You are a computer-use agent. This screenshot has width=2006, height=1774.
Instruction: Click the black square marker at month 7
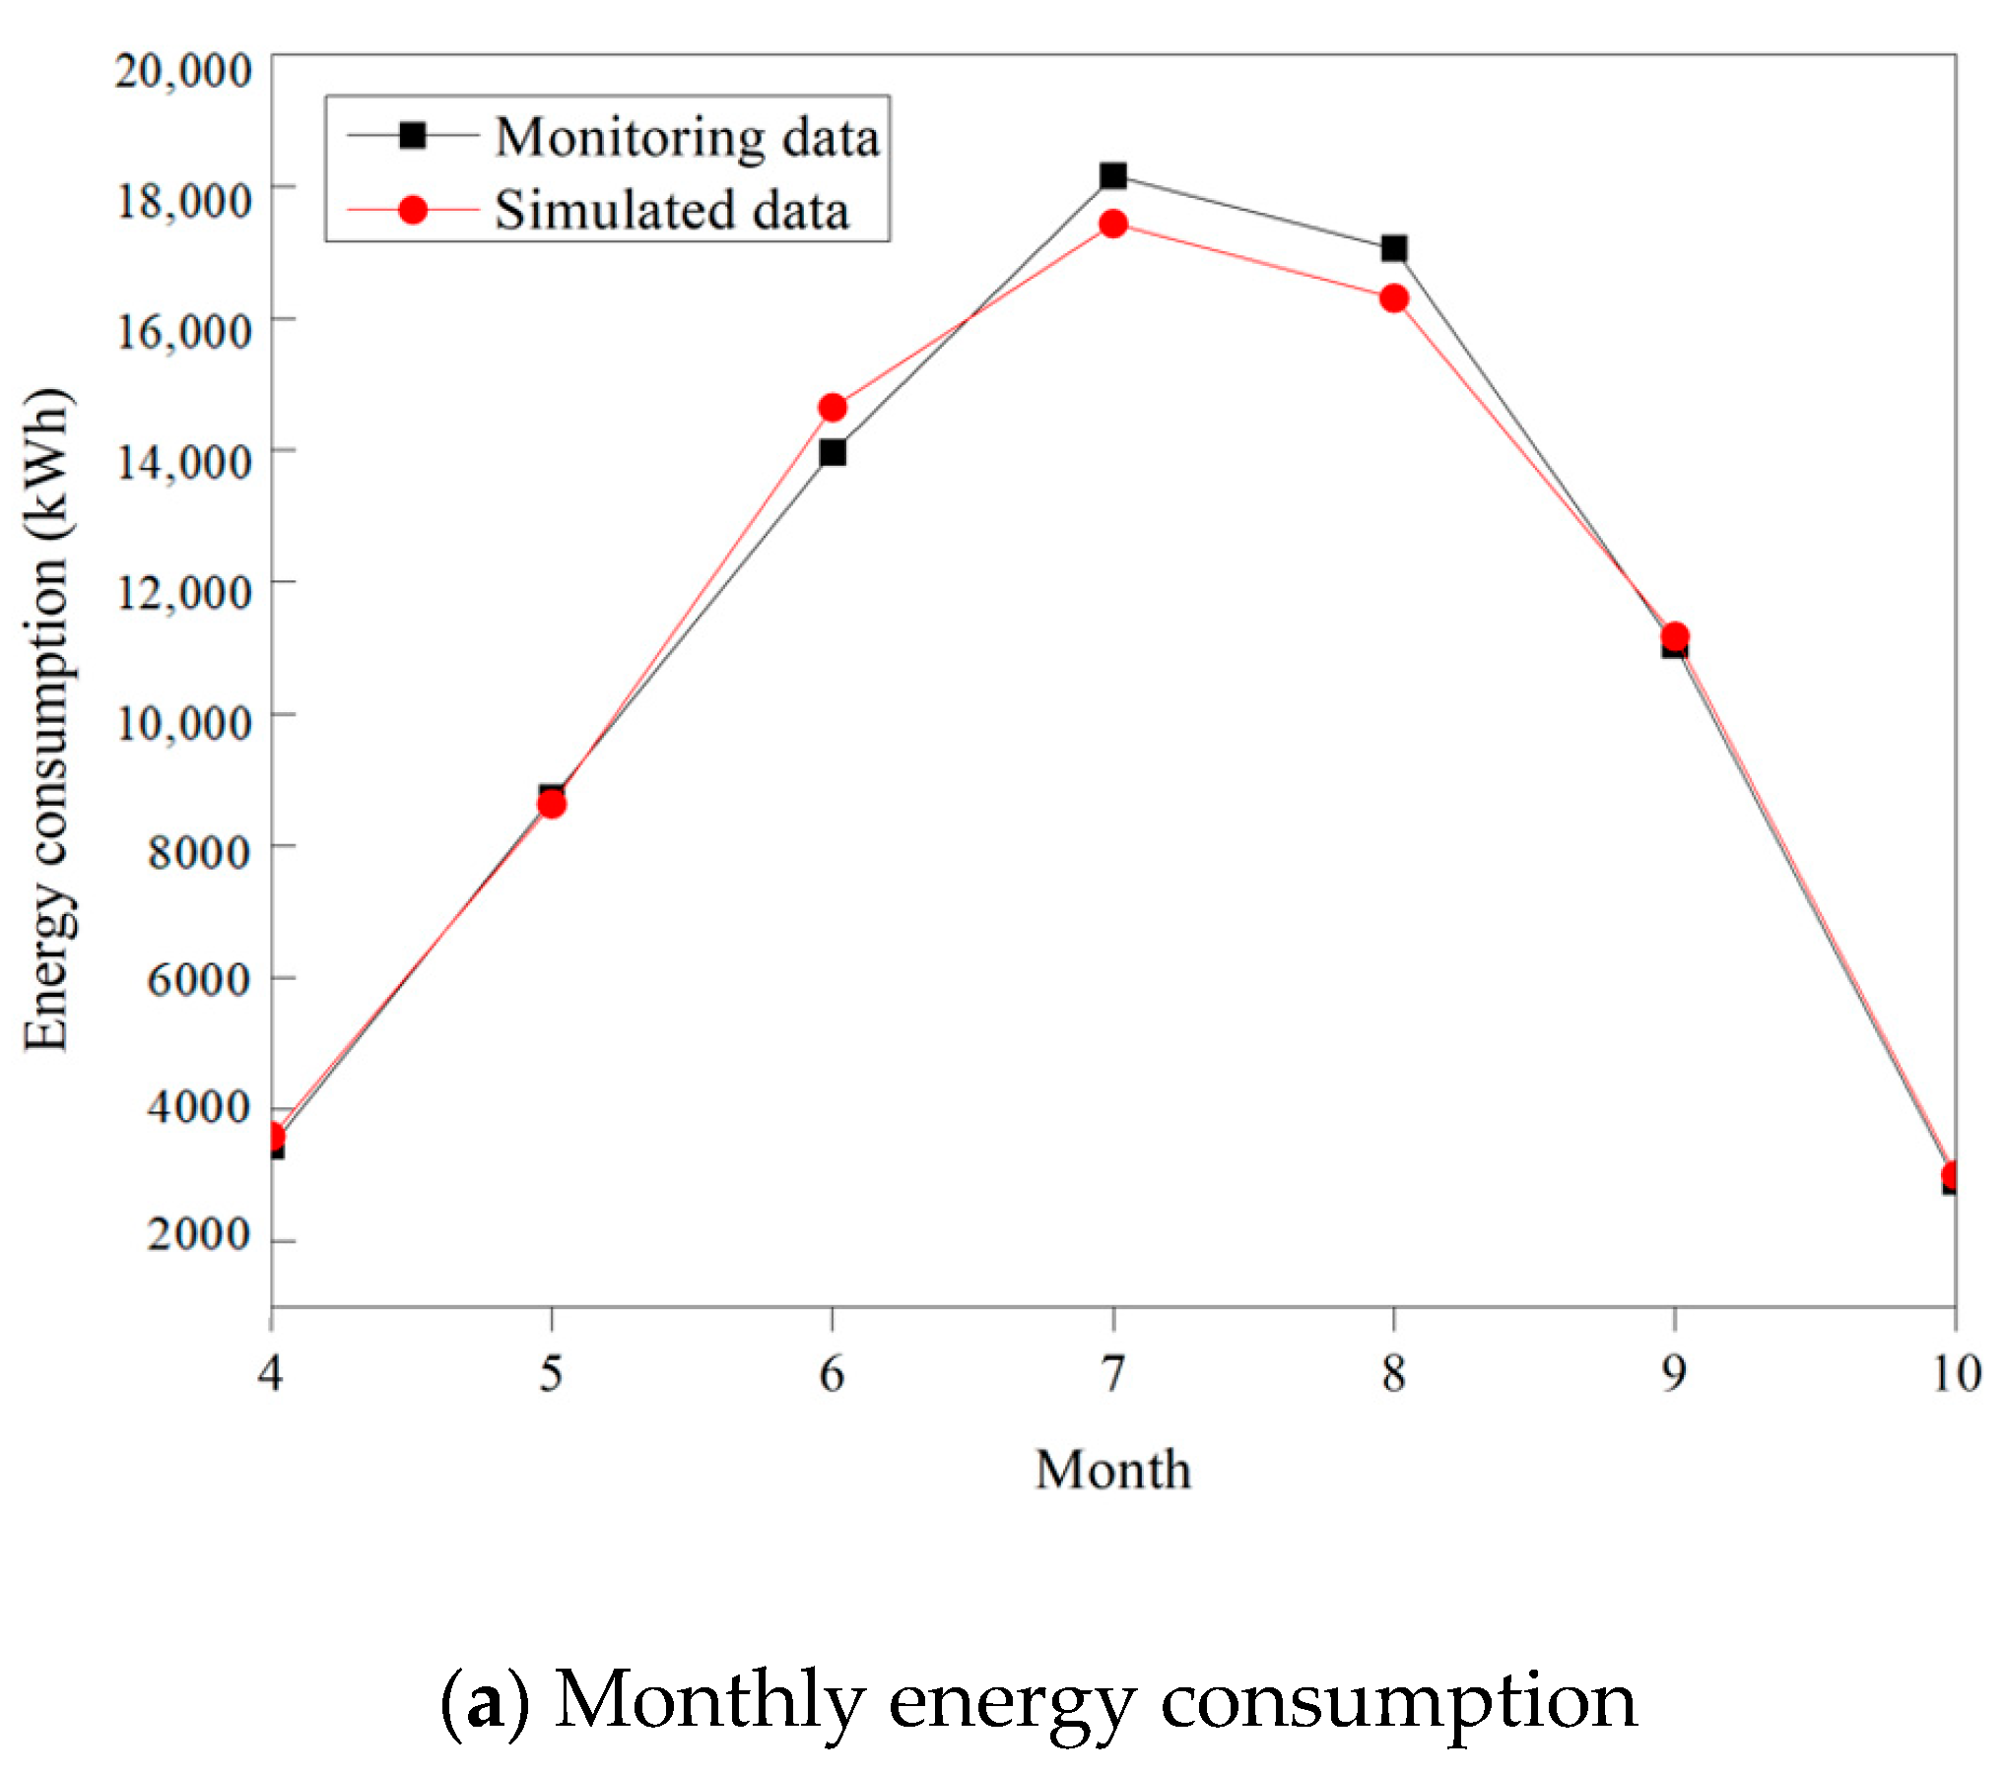tap(1113, 176)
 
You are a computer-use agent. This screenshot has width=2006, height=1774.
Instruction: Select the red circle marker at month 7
tap(1113, 225)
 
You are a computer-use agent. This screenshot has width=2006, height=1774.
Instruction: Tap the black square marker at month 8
tap(1394, 248)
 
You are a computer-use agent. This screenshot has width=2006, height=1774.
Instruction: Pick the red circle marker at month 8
tap(1394, 298)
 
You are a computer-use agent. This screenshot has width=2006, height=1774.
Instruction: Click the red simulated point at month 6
tap(833, 408)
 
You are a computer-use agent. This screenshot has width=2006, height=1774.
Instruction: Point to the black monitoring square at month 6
tap(833, 453)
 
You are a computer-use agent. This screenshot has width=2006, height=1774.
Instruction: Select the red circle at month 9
tap(1675, 636)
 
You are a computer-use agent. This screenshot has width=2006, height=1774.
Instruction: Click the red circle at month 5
tap(552, 805)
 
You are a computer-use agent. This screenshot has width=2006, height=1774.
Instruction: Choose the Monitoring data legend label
tap(687, 137)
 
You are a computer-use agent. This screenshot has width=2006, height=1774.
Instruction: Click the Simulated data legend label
tap(672, 211)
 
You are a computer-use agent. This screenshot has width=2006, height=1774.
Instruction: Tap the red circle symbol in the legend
tap(413, 210)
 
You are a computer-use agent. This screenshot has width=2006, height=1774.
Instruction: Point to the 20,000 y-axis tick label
tap(183, 71)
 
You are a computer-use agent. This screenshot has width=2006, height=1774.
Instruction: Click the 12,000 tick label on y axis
tap(184, 592)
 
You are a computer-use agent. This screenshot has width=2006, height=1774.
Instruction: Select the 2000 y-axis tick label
tap(198, 1233)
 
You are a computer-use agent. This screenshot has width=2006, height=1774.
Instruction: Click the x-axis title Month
tap(1113, 1471)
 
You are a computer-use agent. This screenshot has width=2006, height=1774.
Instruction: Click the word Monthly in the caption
tap(708, 1701)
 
